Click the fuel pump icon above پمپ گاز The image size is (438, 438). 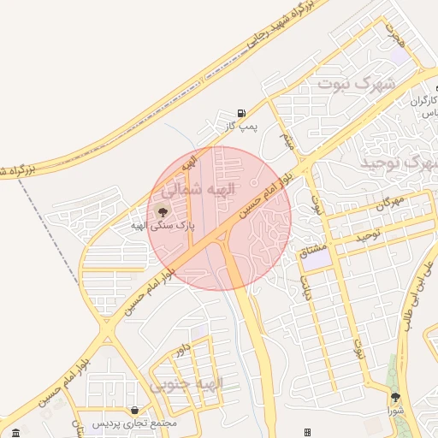[x=242, y=113]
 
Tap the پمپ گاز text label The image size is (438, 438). [x=242, y=127]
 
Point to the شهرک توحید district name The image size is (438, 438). [x=397, y=162]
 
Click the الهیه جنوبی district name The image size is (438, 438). [x=187, y=384]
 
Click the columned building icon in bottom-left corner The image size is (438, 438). [x=15, y=430]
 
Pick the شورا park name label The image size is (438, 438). [x=394, y=411]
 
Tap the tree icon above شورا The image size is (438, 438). [x=394, y=398]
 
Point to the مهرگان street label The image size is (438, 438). [x=389, y=204]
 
